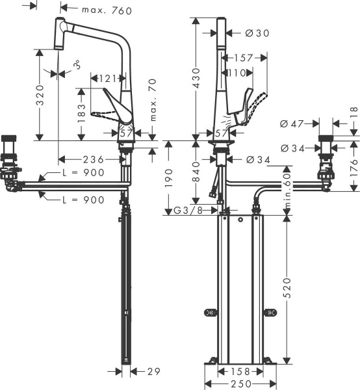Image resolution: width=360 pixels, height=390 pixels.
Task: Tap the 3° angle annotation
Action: point(77,65)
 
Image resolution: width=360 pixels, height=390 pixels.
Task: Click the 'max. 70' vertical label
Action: point(153,99)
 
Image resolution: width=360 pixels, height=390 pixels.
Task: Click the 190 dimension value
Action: point(169,176)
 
